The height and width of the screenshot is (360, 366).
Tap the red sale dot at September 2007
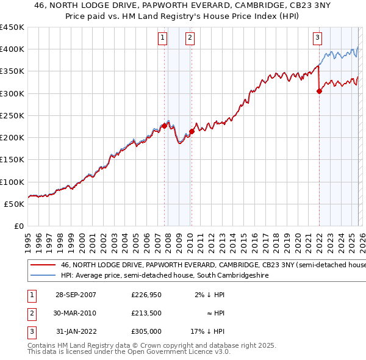[164, 126]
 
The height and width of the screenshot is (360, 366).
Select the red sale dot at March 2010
[192, 131]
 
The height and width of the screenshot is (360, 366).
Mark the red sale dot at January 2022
[319, 92]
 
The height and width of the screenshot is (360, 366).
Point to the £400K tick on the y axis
[12, 49]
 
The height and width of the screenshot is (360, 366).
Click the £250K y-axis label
[12, 116]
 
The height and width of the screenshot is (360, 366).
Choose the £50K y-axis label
[14, 204]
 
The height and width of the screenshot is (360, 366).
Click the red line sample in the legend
[43, 265]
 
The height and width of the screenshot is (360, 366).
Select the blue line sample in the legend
[43, 276]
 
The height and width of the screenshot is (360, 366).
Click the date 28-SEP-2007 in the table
[75, 295]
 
